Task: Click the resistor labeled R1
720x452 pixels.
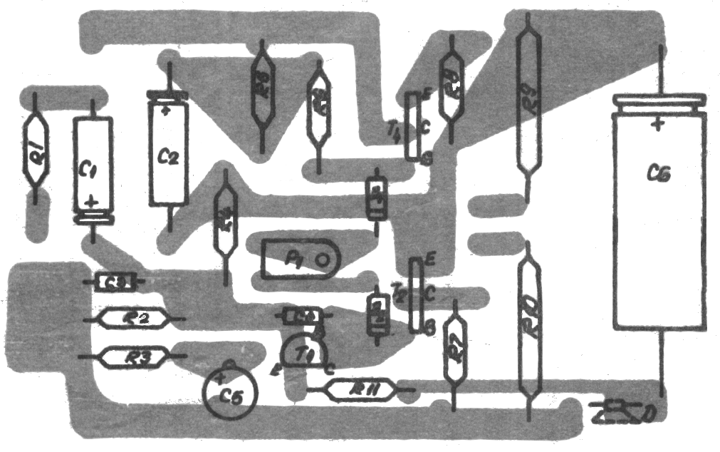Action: click(x=35, y=150)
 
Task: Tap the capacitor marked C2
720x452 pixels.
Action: click(x=168, y=153)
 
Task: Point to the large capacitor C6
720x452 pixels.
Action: click(x=658, y=214)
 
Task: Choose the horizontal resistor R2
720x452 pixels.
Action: click(x=134, y=319)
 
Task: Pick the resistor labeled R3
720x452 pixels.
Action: click(x=134, y=356)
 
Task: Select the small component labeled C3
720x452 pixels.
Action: click(x=115, y=282)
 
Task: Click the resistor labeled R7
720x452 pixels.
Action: click(x=454, y=349)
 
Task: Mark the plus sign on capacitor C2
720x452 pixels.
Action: click(x=165, y=111)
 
